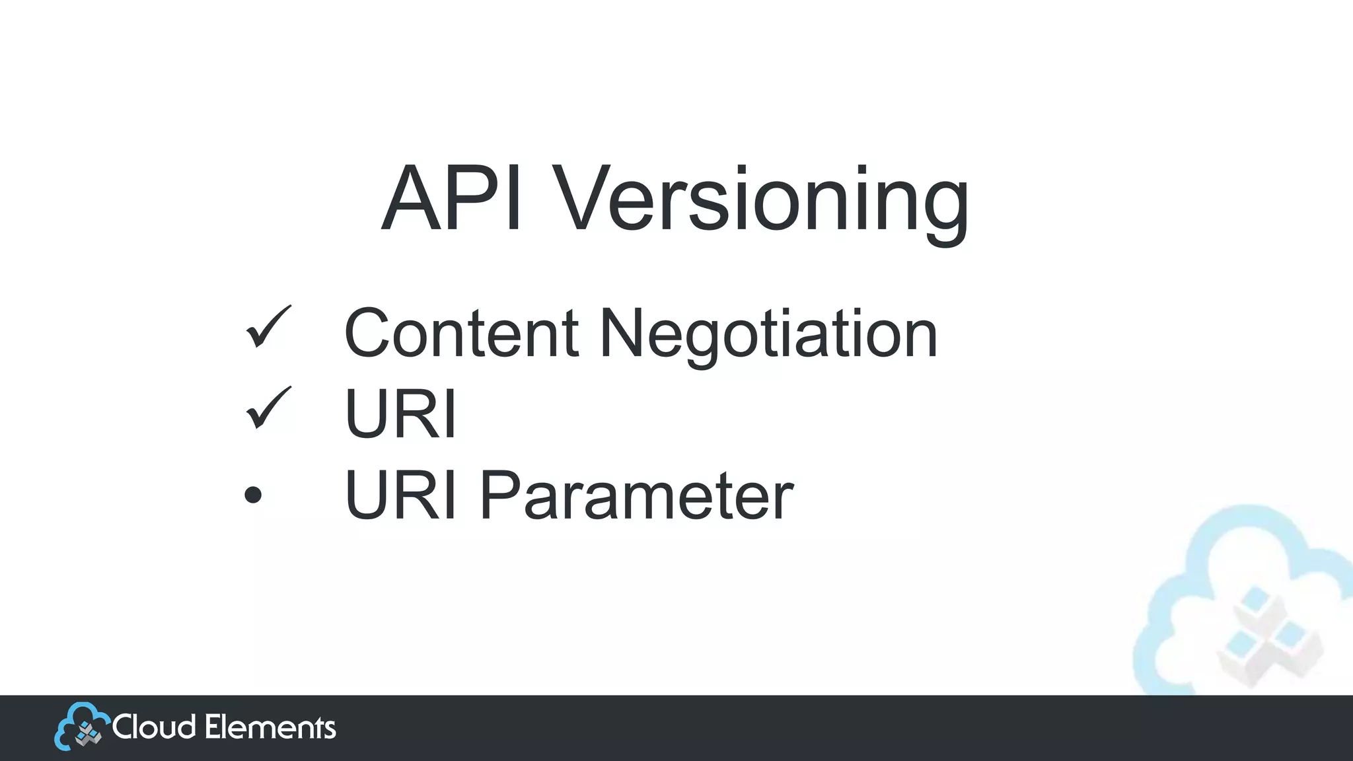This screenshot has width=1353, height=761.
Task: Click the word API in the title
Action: pyautogui.click(x=452, y=199)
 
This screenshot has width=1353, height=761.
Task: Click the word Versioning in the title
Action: pyautogui.click(x=760, y=201)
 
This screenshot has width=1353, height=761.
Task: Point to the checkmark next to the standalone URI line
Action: pyautogui.click(x=267, y=408)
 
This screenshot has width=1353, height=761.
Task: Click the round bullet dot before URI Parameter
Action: pyautogui.click(x=253, y=495)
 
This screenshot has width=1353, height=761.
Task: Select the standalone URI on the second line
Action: pyautogui.click(x=400, y=414)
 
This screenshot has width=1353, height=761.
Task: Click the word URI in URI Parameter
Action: pyautogui.click(x=400, y=495)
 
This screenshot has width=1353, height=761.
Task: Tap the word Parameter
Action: pyautogui.click(x=636, y=495)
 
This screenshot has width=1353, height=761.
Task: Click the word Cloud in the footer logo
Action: pyautogui.click(x=154, y=727)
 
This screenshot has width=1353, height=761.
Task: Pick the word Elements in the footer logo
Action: pyautogui.click(x=270, y=727)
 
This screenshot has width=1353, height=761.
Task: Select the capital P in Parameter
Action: pyautogui.click(x=499, y=495)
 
